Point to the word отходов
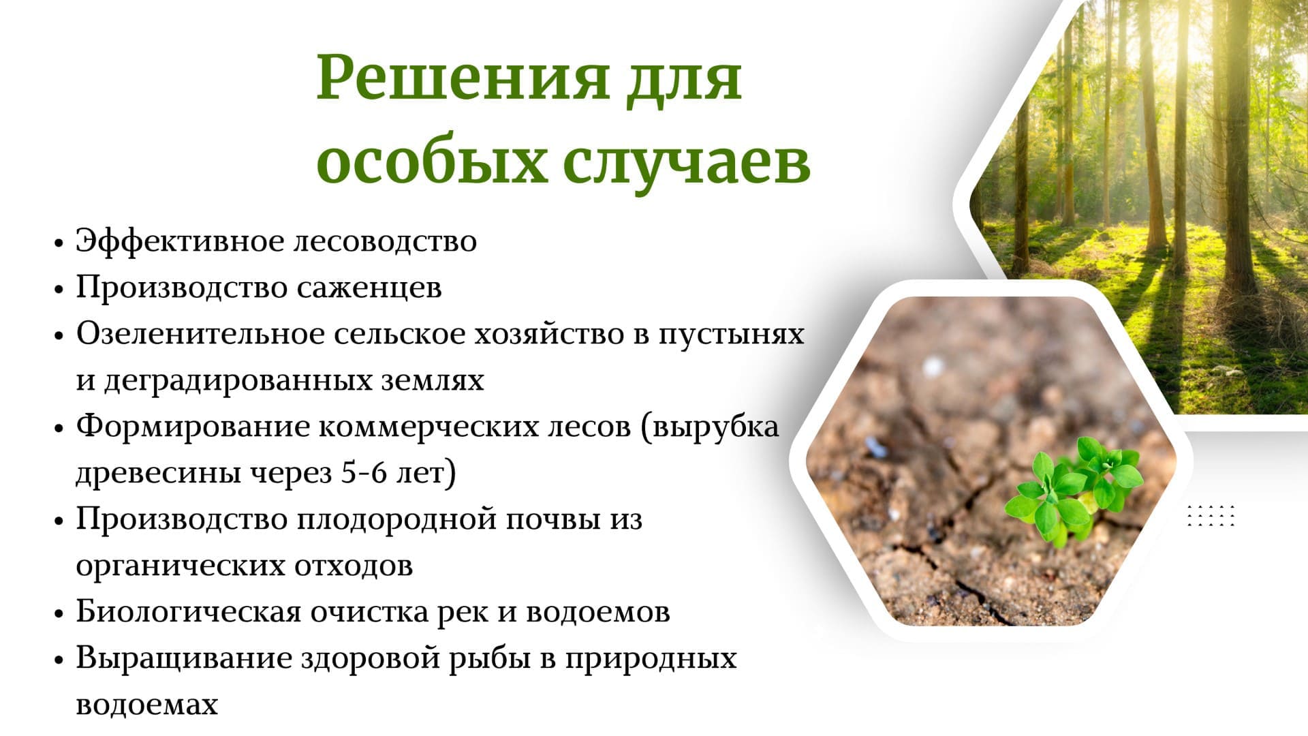pyautogui.click(x=354, y=566)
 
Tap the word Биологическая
pyautogui.click(x=188, y=611)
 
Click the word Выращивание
pyautogui.click(x=184, y=659)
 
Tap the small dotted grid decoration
pyautogui.click(x=1211, y=516)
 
